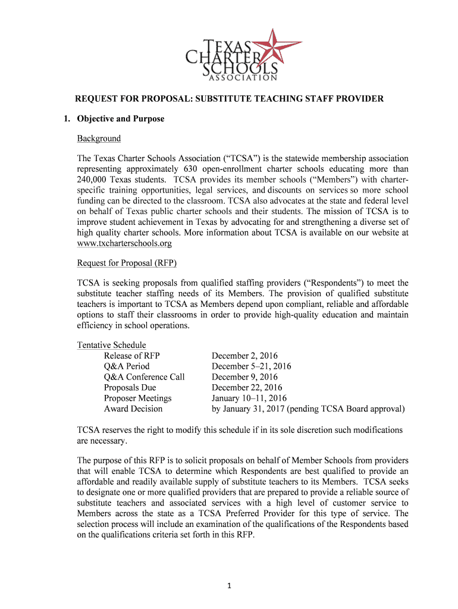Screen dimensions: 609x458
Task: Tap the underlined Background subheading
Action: pos(99,139)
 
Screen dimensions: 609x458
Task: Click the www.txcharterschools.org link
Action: pos(124,244)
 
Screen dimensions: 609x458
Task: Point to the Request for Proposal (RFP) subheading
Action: pos(127,263)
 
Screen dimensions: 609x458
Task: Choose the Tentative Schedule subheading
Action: pos(111,345)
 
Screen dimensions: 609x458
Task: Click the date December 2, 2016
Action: pos(244,356)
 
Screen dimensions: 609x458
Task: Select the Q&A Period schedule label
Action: pos(127,366)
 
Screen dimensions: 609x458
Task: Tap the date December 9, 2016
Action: pos(244,377)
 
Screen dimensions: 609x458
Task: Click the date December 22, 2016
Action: pos(247,388)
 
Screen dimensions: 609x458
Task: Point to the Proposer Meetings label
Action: pos(137,398)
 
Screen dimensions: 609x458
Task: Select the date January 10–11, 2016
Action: pos(249,398)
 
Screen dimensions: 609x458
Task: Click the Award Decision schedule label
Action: pos(133,409)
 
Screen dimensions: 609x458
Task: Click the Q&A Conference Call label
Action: pos(144,377)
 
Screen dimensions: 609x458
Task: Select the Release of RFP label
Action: pos(131,356)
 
